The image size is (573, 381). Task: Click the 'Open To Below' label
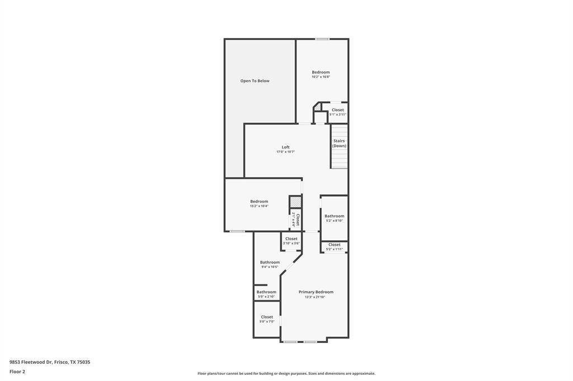point(255,81)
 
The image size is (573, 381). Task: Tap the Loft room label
point(285,147)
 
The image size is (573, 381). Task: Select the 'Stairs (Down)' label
point(339,144)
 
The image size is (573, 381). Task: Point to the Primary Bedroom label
point(316,292)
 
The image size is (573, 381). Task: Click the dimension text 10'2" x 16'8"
point(321,77)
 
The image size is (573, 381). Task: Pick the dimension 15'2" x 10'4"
point(259,206)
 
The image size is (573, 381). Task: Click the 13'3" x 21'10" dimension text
point(315,297)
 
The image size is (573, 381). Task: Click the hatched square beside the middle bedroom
point(295,202)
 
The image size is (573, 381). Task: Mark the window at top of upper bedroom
point(322,39)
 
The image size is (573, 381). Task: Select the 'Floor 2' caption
point(17,372)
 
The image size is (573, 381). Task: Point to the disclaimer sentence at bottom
point(286,373)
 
